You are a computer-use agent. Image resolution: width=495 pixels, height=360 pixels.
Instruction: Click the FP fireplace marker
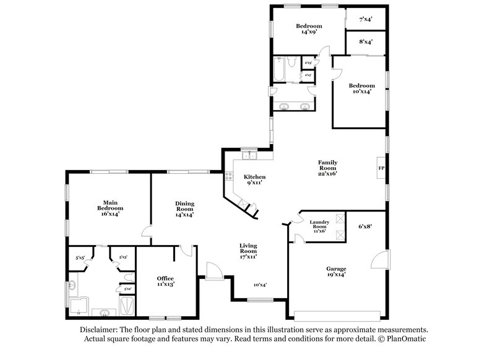point(381,168)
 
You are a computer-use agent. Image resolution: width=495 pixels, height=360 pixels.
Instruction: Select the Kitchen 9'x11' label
point(254,180)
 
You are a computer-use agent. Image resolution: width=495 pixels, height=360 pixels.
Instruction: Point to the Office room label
point(165,281)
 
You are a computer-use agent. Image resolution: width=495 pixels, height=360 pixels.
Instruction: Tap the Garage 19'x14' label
point(336,272)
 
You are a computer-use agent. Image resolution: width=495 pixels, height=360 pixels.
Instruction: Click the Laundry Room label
point(320,226)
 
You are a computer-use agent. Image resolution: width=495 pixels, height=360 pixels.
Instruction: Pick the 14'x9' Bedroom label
point(309,29)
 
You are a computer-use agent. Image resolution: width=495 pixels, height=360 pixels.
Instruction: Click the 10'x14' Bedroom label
point(361,88)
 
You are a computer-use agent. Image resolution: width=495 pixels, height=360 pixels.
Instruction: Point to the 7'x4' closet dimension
point(366,19)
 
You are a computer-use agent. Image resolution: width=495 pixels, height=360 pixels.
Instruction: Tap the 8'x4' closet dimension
point(366,42)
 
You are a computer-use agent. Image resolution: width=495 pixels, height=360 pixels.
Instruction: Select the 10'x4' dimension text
point(260,285)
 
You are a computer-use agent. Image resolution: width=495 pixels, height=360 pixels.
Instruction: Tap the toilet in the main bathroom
point(126,276)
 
